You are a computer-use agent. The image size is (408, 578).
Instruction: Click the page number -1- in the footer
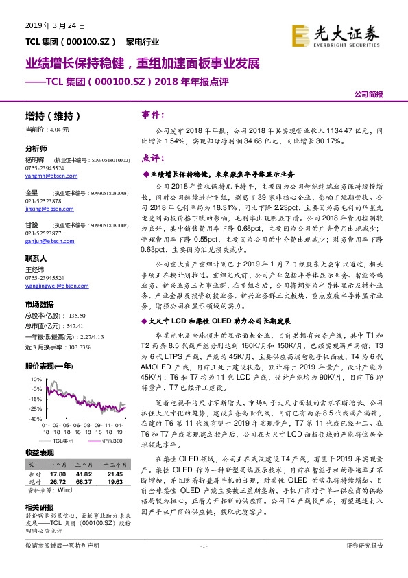tap(204, 564)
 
